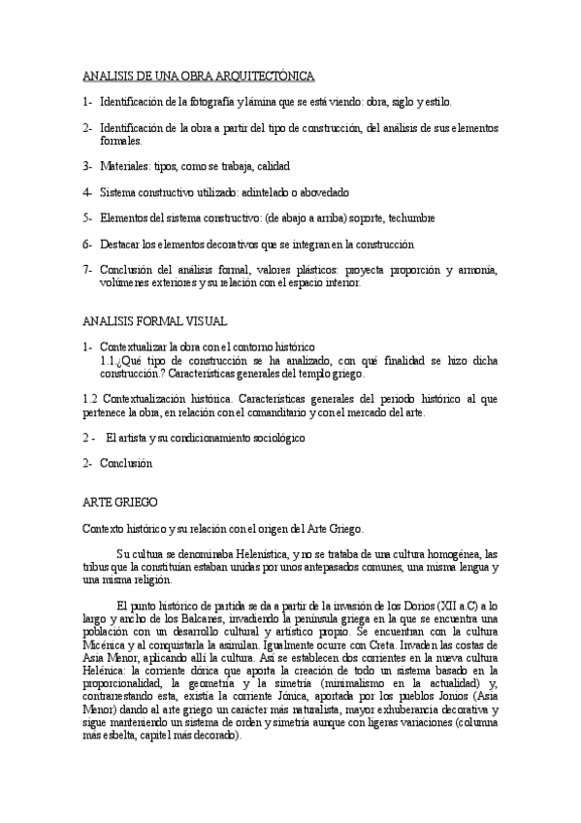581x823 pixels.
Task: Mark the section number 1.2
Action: pyautogui.click(x=91, y=398)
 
